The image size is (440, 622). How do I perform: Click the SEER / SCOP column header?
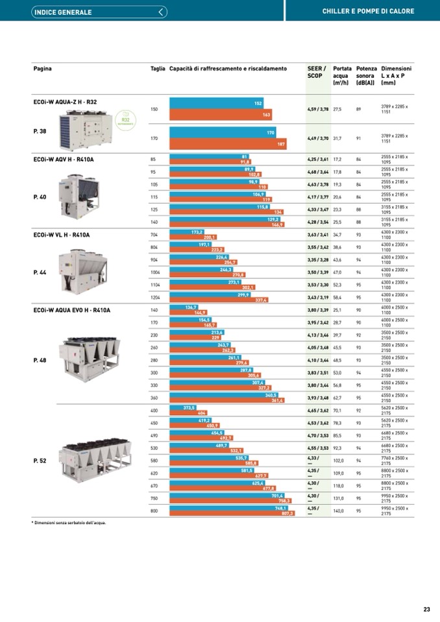coord(317,72)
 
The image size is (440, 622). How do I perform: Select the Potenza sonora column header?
coord(366,75)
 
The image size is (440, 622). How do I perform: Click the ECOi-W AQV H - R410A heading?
coord(63,159)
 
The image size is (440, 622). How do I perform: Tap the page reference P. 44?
coord(40,272)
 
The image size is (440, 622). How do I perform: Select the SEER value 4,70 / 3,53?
coord(318,435)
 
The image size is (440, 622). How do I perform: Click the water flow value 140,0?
coord(338,511)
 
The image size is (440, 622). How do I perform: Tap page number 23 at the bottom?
coord(426,609)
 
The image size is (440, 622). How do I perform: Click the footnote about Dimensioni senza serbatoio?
coord(69,522)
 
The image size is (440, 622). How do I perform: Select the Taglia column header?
coord(158,69)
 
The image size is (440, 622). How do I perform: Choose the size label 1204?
coord(154,298)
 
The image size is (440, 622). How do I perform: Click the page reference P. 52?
coord(40,461)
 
